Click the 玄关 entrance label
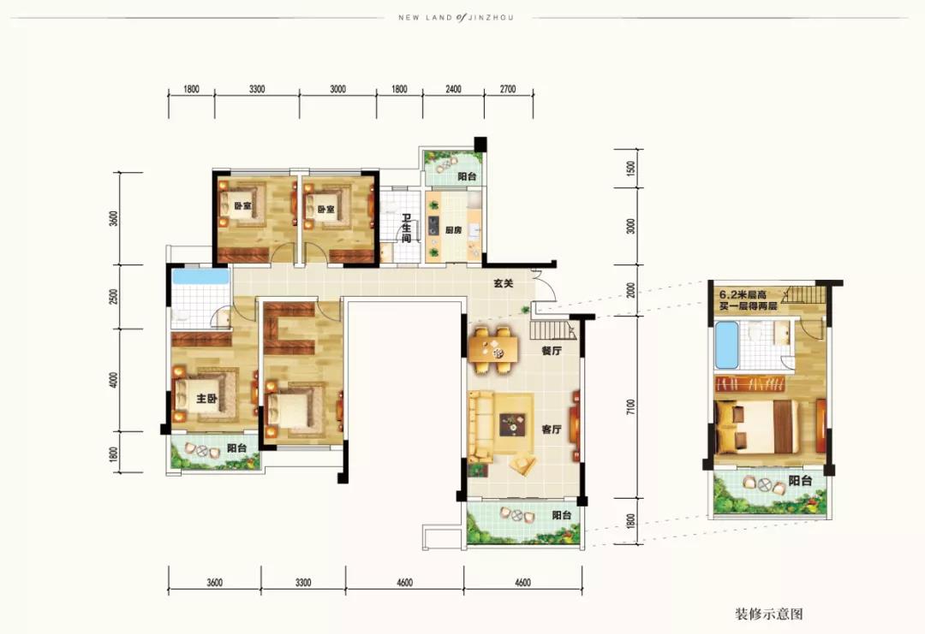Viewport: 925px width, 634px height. point(504,283)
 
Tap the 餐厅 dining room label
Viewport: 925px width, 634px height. point(552,351)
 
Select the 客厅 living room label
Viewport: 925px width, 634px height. point(552,430)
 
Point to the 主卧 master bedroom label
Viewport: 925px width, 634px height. point(206,399)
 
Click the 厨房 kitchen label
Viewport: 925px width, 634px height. point(453,230)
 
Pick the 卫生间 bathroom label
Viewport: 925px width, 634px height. point(407,228)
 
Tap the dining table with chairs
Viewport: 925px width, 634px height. point(494,350)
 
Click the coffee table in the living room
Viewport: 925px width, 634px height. point(512,424)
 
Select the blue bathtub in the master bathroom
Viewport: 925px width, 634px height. point(200,276)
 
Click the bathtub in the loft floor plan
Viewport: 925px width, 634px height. point(726,345)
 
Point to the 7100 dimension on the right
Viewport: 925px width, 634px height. point(631,407)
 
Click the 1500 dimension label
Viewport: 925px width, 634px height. point(631,169)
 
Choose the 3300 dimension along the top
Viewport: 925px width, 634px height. point(257,90)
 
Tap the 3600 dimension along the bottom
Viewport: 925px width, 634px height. point(215,583)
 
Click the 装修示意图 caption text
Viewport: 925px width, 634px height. point(768,614)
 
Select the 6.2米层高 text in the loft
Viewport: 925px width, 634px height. point(742,296)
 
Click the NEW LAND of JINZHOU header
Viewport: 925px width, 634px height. point(456,18)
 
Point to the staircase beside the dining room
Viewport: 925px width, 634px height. point(552,330)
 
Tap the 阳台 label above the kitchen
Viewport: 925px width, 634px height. point(467,176)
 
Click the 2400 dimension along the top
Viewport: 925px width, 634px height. point(453,90)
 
